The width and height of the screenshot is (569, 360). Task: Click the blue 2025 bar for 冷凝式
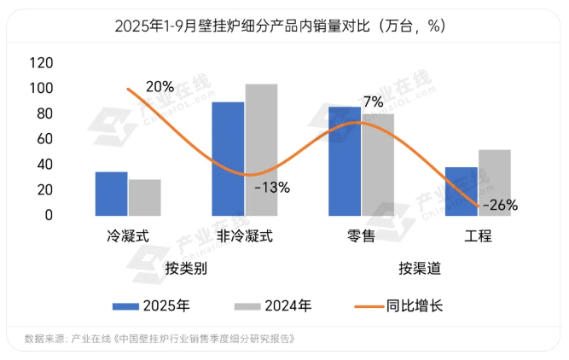point(111,194)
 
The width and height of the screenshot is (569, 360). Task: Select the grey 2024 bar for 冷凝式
point(144,197)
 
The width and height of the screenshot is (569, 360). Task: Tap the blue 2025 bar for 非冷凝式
point(228,159)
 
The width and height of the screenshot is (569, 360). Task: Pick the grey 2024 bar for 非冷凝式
point(261,149)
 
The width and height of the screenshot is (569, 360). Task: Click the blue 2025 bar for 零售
point(345,161)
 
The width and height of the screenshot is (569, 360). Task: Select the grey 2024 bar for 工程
point(495,183)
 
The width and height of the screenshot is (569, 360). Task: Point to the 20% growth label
point(160,86)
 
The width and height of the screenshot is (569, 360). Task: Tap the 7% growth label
point(373,102)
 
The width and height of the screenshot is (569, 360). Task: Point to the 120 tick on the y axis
point(41,63)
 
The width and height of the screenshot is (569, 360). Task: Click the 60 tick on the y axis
point(45,139)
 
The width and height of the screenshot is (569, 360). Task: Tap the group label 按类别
point(187,269)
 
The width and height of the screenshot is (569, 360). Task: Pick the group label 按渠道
point(420,269)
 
